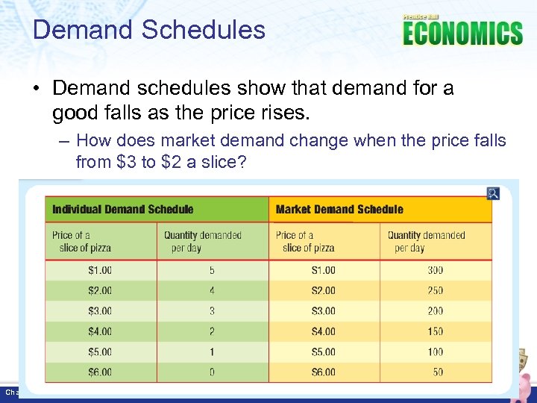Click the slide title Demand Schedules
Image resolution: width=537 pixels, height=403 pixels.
coord(149,30)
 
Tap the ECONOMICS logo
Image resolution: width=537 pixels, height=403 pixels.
coord(462,34)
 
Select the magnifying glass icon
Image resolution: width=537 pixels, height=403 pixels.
coord(492,193)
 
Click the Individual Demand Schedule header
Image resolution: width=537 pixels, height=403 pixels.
coord(122,210)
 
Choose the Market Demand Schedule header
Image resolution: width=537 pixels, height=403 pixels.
coord(339,210)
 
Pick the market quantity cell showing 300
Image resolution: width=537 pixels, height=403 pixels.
coord(435,270)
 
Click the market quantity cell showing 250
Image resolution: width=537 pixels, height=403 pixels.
coord(435,290)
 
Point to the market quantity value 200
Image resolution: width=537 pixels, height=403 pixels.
coord(435,310)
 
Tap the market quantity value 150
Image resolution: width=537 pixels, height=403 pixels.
coord(435,331)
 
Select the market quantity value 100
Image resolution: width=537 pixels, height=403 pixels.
coord(435,352)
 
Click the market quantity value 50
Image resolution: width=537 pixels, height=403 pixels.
coord(437,372)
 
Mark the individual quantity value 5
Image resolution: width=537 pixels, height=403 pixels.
coord(212,270)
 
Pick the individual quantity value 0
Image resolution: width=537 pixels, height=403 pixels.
coord(212,372)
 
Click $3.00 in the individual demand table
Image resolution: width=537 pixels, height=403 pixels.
coord(100,310)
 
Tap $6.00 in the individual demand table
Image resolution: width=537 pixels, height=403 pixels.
coord(100,372)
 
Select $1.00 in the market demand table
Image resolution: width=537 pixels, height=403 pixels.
coord(324,270)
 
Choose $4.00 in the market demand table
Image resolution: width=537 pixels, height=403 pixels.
coord(324,331)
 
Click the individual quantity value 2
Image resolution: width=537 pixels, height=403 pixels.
coord(212,331)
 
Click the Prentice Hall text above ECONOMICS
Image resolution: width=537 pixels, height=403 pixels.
coord(421,16)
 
